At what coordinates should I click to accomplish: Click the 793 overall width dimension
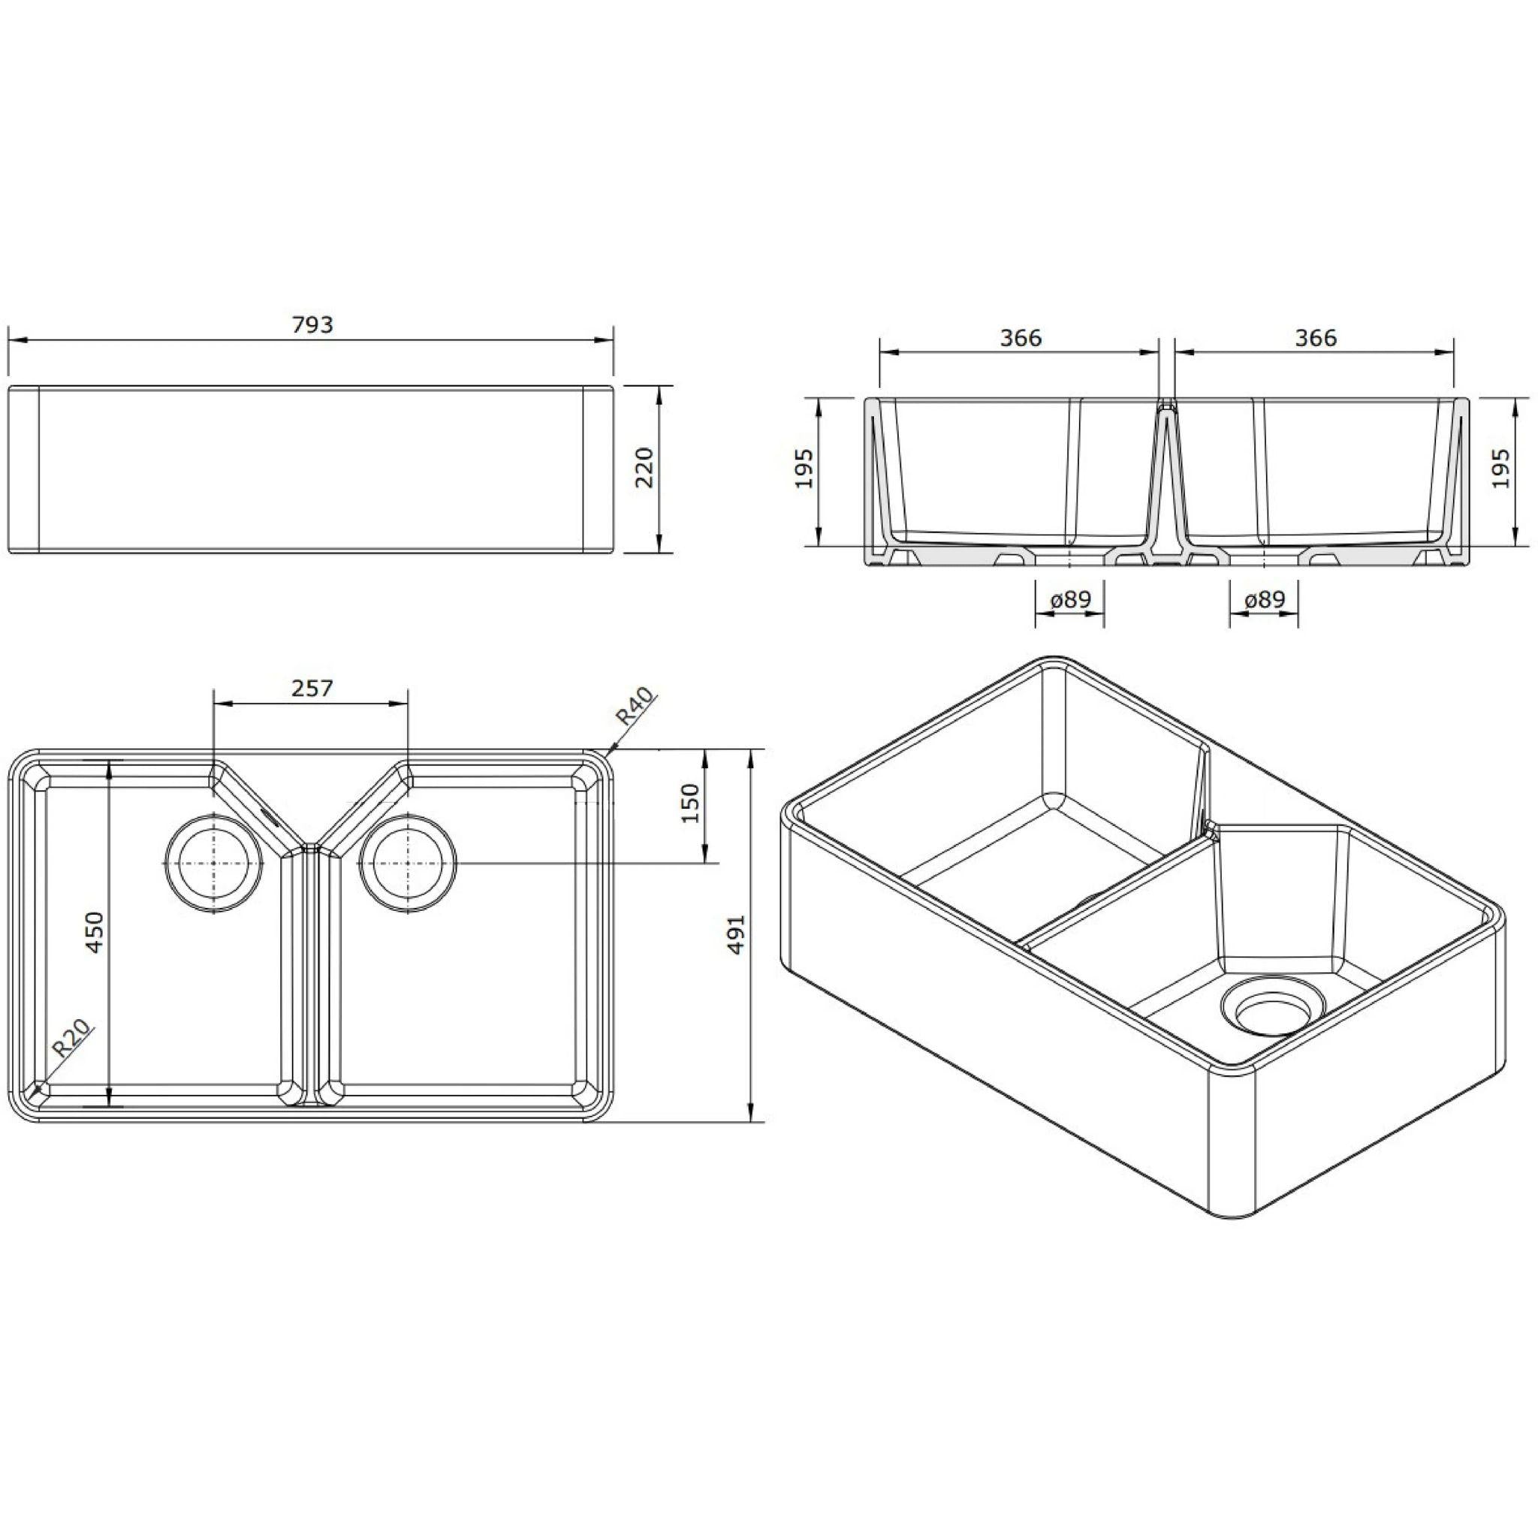point(312,324)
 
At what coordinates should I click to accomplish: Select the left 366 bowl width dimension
point(1021,339)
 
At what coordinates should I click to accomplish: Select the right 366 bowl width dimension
point(1315,339)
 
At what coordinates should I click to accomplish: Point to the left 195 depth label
point(804,468)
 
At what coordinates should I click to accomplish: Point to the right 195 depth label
point(1500,468)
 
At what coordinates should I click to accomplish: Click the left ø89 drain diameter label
point(1070,599)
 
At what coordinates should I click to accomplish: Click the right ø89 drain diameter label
point(1264,599)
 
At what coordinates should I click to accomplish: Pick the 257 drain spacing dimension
point(311,688)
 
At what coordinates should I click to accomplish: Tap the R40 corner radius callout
point(635,705)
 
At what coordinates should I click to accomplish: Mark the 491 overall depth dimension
point(737,933)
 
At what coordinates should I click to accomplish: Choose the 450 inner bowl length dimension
point(95,932)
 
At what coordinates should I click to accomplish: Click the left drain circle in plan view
point(213,863)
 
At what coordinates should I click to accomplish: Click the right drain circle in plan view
point(408,863)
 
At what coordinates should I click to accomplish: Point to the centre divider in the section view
point(1167,478)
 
